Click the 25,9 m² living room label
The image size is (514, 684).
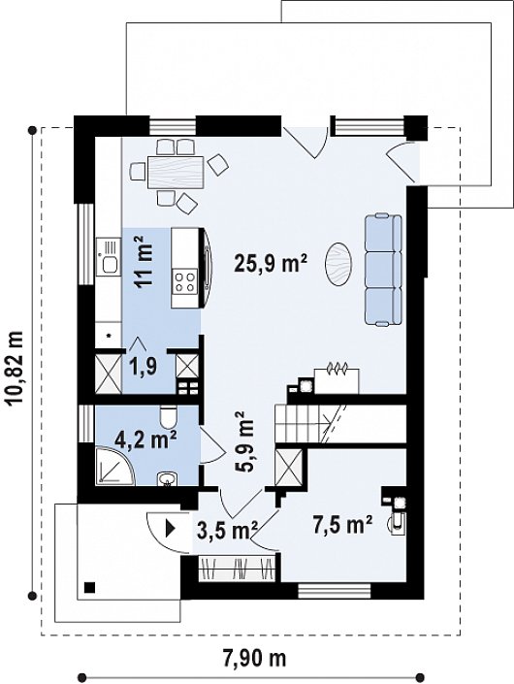(x=272, y=263)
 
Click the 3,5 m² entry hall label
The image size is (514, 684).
(x=227, y=530)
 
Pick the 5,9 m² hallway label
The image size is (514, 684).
(x=245, y=441)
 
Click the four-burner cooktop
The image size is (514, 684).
(x=185, y=281)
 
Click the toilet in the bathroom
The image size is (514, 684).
(x=168, y=416)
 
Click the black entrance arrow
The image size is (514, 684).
(x=170, y=529)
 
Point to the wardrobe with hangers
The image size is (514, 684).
(x=238, y=569)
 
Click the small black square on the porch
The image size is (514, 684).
(x=90, y=588)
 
